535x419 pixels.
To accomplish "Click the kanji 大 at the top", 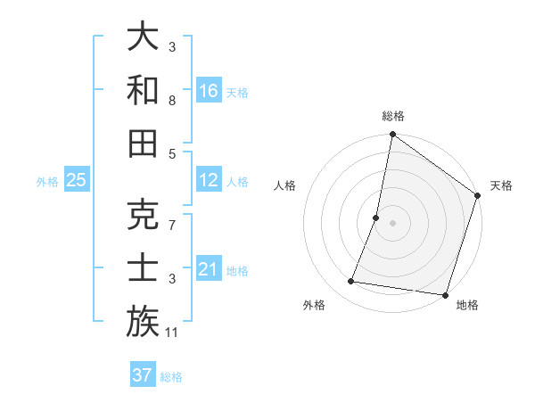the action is [x=143, y=37].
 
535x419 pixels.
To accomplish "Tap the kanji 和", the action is [x=143, y=89].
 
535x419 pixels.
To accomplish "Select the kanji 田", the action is [x=143, y=143].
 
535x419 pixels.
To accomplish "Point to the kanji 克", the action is [x=143, y=214].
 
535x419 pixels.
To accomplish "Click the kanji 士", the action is [x=143, y=267].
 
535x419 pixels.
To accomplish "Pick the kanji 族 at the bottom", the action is [x=143, y=321].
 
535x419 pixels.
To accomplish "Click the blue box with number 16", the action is [x=209, y=90].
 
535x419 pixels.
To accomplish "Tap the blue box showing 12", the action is [x=209, y=180].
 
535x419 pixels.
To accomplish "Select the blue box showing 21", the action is [x=209, y=269].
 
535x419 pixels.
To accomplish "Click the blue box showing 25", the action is [x=76, y=180].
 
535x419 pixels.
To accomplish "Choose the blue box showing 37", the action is [x=142, y=374].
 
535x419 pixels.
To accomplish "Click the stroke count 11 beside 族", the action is [x=173, y=333].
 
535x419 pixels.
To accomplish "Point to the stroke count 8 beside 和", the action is [x=172, y=102].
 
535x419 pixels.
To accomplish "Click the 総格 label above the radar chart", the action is [x=392, y=117].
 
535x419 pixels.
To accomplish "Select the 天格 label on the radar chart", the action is [x=501, y=185].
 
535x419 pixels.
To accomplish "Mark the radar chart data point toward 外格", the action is [x=351, y=282].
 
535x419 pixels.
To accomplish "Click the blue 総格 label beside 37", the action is [x=171, y=377].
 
